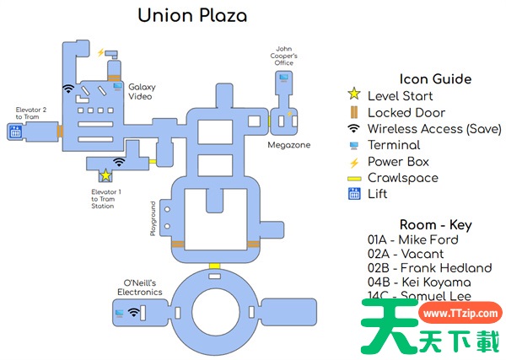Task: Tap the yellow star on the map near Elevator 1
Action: (x=105, y=176)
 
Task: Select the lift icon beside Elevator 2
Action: (x=14, y=132)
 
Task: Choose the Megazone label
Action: (x=289, y=145)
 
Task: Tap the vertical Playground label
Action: (x=153, y=218)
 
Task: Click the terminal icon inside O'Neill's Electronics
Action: (x=118, y=314)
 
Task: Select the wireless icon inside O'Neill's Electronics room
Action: (x=133, y=314)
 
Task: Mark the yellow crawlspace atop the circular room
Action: (x=214, y=266)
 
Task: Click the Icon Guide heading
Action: (x=435, y=79)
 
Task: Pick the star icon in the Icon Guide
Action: (x=354, y=96)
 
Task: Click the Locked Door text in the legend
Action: (x=406, y=112)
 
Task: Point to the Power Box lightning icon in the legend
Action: (x=354, y=161)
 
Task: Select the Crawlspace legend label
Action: (x=402, y=178)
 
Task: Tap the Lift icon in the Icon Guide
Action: (x=354, y=194)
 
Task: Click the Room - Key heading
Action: (x=436, y=225)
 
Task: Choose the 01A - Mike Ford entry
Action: (x=413, y=240)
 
